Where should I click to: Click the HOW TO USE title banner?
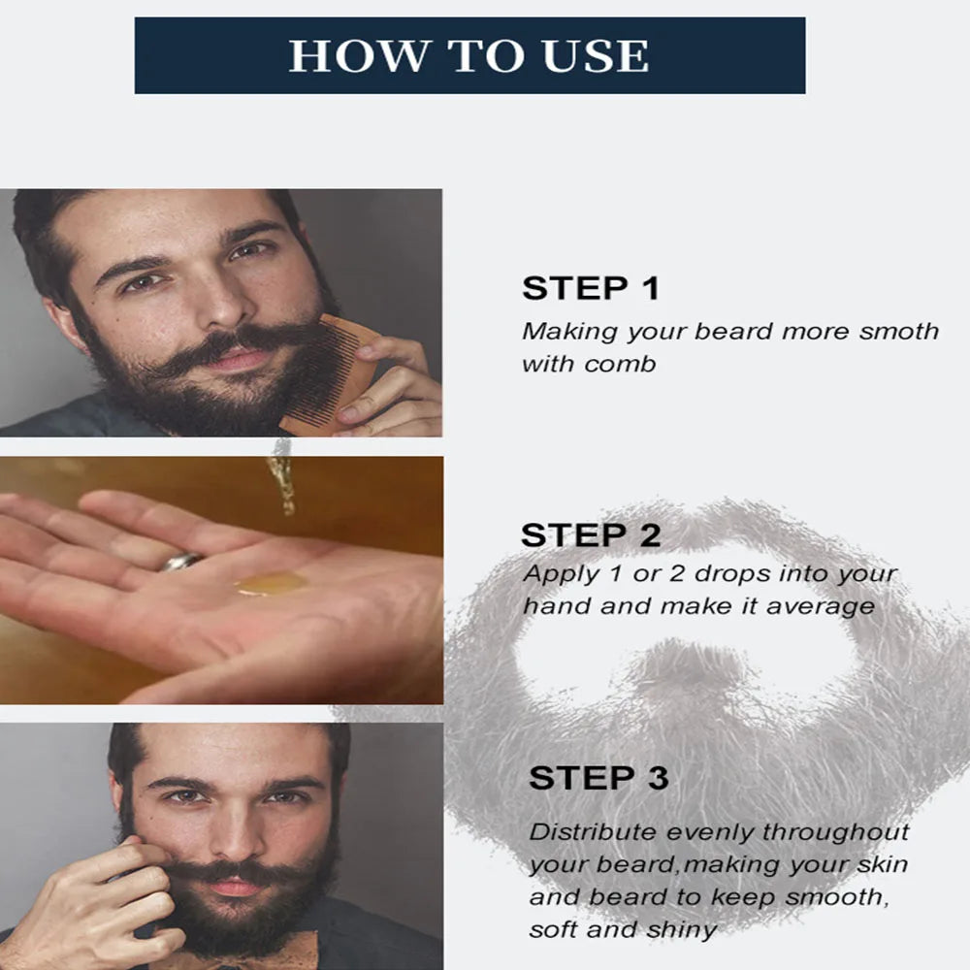tap(469, 55)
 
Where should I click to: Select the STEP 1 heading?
tap(591, 288)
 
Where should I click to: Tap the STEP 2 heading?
tap(591, 535)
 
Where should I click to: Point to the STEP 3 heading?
tap(598, 778)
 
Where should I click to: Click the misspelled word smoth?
tap(899, 332)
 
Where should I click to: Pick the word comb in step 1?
tap(619, 364)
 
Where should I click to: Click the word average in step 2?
tap(820, 607)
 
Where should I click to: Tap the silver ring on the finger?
tap(181, 562)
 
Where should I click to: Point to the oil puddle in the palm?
tap(271, 584)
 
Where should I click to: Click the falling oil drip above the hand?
tap(282, 477)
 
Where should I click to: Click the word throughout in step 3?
tap(835, 832)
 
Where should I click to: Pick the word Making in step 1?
tap(569, 332)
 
